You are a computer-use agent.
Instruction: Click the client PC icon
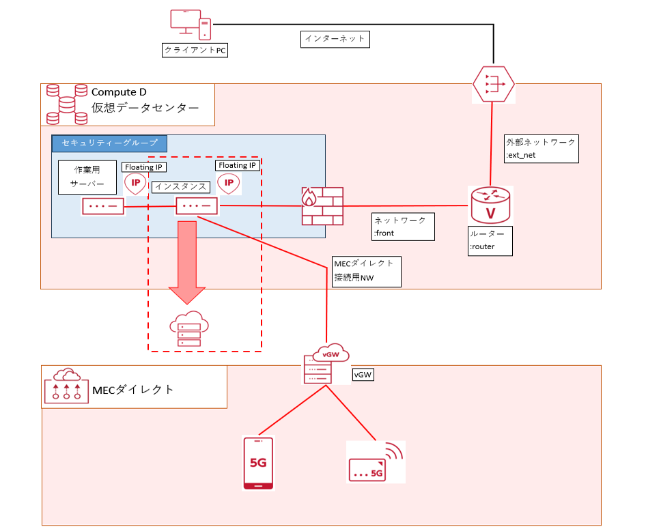point(190,25)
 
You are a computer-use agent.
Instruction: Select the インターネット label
point(335,39)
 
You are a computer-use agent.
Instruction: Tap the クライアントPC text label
point(195,51)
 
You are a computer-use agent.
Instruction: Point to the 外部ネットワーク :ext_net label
point(541,148)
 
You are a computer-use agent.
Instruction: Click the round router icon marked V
point(490,204)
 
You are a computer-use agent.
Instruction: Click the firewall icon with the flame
point(322,205)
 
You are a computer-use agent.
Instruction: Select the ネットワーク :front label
point(403,227)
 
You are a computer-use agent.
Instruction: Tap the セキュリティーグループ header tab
point(109,143)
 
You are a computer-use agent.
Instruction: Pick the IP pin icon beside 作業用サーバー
point(135,184)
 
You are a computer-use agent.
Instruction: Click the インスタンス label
point(180,186)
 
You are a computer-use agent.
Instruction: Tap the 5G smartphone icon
point(259,463)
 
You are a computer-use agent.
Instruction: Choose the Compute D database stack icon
point(66,104)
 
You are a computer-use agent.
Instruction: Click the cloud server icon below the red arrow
point(189,329)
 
